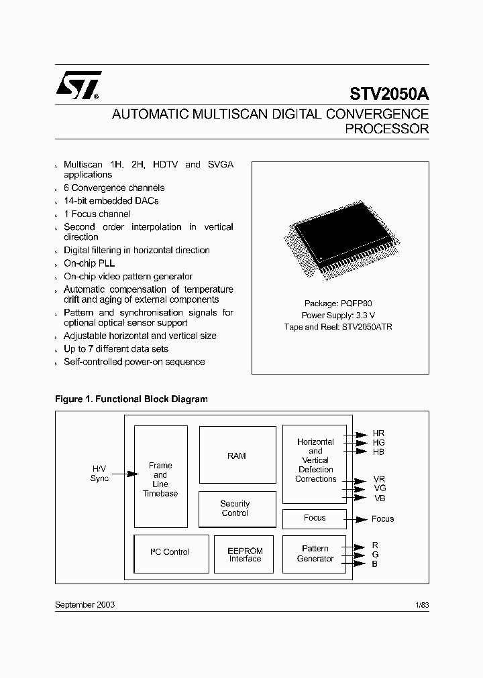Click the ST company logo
tap(78, 86)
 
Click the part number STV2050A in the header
tap(388, 94)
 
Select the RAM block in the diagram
tap(237, 456)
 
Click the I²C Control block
tap(171, 553)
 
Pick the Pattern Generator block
tap(315, 553)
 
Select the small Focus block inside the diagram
tap(314, 518)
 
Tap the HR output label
tap(378, 434)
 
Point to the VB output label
tap(379, 498)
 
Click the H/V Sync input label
tap(99, 473)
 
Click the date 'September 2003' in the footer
tap(85, 604)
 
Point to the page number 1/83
tap(421, 604)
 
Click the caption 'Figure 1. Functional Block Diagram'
tap(131, 399)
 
